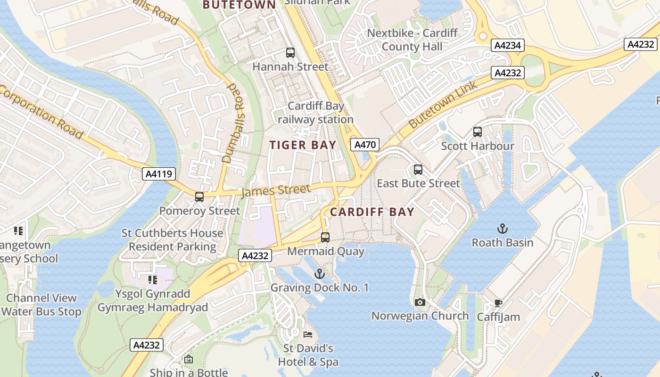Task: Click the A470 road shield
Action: pyautogui.click(x=365, y=145)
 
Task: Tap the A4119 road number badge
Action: pyautogui.click(x=159, y=174)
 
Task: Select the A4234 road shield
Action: pyautogui.click(x=507, y=45)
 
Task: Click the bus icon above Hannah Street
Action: pyautogui.click(x=290, y=53)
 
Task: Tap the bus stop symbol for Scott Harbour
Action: pyautogui.click(x=478, y=132)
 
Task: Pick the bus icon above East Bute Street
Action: pyautogui.click(x=418, y=170)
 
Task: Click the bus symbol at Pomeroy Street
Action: pyautogui.click(x=199, y=197)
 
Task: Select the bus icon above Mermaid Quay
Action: pyautogui.click(x=325, y=238)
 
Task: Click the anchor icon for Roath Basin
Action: pyautogui.click(x=503, y=229)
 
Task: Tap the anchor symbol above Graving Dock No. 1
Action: pyautogui.click(x=320, y=273)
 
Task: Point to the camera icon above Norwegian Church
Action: pyautogui.click(x=420, y=302)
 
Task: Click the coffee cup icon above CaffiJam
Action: pyautogui.click(x=498, y=303)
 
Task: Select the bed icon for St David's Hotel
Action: pyautogui.click(x=308, y=335)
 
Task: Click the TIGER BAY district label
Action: pyautogui.click(x=303, y=145)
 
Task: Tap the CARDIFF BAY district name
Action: pyautogui.click(x=372, y=212)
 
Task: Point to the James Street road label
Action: pyautogui.click(x=276, y=191)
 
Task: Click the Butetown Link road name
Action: pyautogui.click(x=443, y=104)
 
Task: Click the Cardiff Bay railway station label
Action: pyautogui.click(x=315, y=113)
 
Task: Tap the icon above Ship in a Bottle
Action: pyautogui.click(x=189, y=360)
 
